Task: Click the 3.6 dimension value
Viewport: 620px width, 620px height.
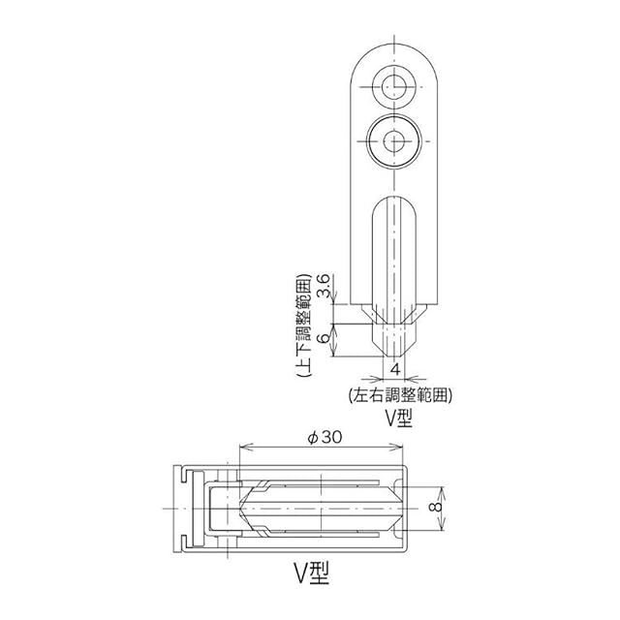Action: coord(323,286)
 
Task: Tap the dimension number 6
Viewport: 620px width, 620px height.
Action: coord(323,338)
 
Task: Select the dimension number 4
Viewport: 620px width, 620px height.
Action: coord(395,369)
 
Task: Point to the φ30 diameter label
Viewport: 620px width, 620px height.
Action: coord(325,437)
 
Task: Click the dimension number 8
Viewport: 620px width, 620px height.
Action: coord(437,507)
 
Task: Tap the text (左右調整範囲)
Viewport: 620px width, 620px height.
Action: coord(400,395)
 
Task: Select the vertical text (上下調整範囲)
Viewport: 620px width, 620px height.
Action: coord(303,325)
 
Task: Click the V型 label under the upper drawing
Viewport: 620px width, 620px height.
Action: coord(399,418)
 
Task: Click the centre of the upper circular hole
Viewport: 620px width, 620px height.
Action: coord(394,87)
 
